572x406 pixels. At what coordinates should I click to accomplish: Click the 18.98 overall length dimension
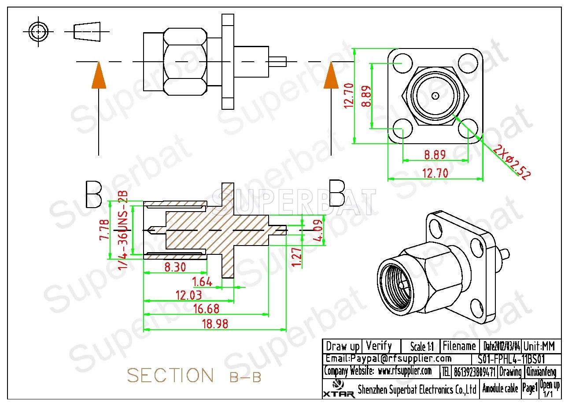[215, 324]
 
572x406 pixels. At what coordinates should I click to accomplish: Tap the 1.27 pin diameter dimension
[297, 257]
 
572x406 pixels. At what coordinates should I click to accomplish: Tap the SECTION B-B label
[194, 376]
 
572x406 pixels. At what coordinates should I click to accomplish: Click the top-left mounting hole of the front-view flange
[401, 62]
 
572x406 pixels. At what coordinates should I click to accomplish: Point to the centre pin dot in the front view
[435, 96]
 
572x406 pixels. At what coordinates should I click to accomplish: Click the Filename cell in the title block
[459, 346]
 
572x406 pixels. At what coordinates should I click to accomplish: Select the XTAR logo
[338, 388]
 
